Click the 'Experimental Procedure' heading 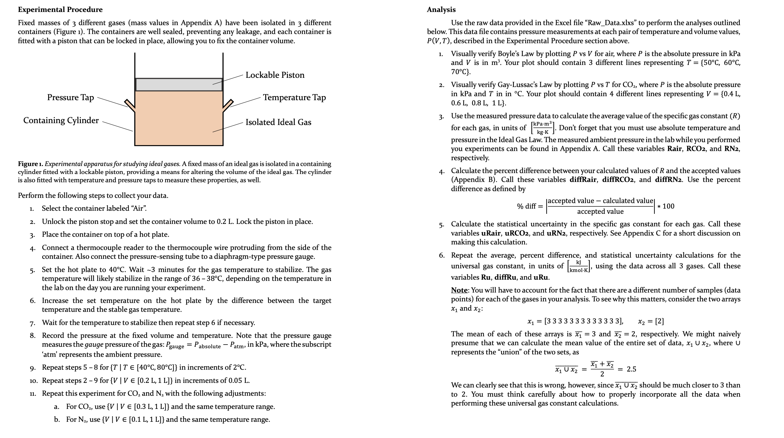tap(60, 9)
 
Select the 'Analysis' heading tap(441, 9)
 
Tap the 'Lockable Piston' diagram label tap(275, 75)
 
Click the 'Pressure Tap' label tap(70, 97)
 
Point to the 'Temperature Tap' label tap(294, 97)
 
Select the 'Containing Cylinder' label tap(61, 120)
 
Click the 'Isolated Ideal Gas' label tap(278, 122)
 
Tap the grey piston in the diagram tap(179, 85)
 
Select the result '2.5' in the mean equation tap(631, 369)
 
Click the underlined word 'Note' tap(459, 290)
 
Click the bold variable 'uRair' tap(491, 233)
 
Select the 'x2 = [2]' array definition tap(651, 321)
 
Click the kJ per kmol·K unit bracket tap(578, 266)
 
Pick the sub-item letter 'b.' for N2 tap(57, 419)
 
